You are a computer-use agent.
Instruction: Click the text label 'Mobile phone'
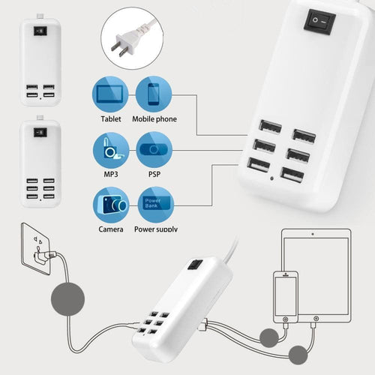[x=154, y=119]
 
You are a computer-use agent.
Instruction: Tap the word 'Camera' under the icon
[x=111, y=229]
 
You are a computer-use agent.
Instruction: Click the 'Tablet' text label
[x=111, y=119]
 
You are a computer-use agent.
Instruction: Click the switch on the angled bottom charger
[x=196, y=265]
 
